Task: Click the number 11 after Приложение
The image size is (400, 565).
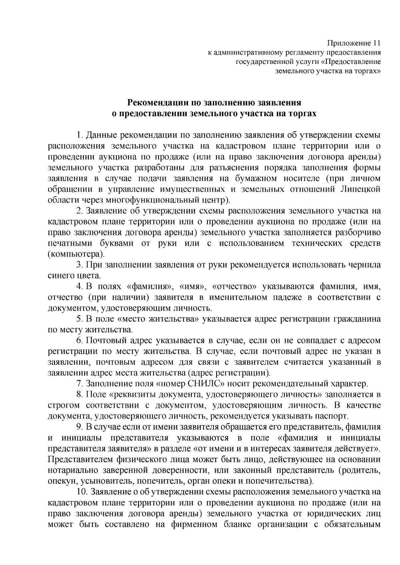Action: point(376,43)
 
